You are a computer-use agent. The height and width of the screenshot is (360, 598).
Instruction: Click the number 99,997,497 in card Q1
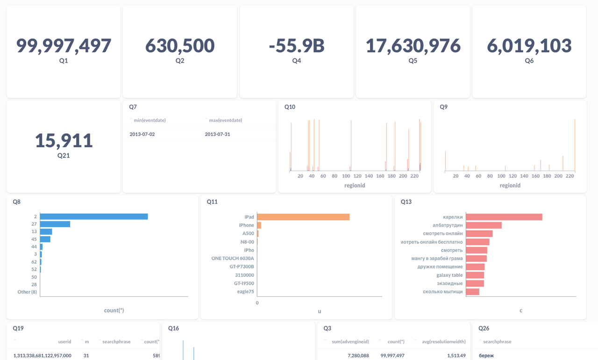tap(64, 46)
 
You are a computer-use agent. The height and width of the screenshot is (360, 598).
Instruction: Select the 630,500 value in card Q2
tap(180, 46)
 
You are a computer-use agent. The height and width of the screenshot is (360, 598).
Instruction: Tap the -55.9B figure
tap(297, 46)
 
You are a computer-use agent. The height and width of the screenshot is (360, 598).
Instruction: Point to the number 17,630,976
tap(413, 46)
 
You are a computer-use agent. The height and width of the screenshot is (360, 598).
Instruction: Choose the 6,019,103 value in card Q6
tap(529, 46)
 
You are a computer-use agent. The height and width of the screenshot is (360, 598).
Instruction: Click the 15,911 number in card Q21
tap(64, 141)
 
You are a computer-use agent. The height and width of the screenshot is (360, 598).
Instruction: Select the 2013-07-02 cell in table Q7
tap(142, 134)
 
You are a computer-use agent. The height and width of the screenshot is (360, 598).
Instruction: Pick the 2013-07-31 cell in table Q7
tap(217, 134)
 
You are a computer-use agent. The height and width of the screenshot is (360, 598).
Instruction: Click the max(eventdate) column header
tap(225, 120)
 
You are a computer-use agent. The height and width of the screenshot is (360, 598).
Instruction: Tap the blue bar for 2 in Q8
tap(94, 216)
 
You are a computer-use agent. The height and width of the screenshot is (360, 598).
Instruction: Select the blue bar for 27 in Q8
tap(55, 224)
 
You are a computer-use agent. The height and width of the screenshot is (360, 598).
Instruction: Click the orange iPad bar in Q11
tap(303, 217)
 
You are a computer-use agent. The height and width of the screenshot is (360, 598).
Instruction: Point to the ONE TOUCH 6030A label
tap(233, 258)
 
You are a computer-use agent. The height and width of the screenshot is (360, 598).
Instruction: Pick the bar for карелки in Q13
tap(504, 217)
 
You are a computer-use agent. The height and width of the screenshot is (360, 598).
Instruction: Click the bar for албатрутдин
tap(484, 225)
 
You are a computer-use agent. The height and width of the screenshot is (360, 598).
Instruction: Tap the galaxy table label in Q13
tap(449, 275)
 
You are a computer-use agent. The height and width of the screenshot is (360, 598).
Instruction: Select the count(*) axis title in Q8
tap(114, 310)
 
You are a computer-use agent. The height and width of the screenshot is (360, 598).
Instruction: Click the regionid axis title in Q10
tap(355, 186)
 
